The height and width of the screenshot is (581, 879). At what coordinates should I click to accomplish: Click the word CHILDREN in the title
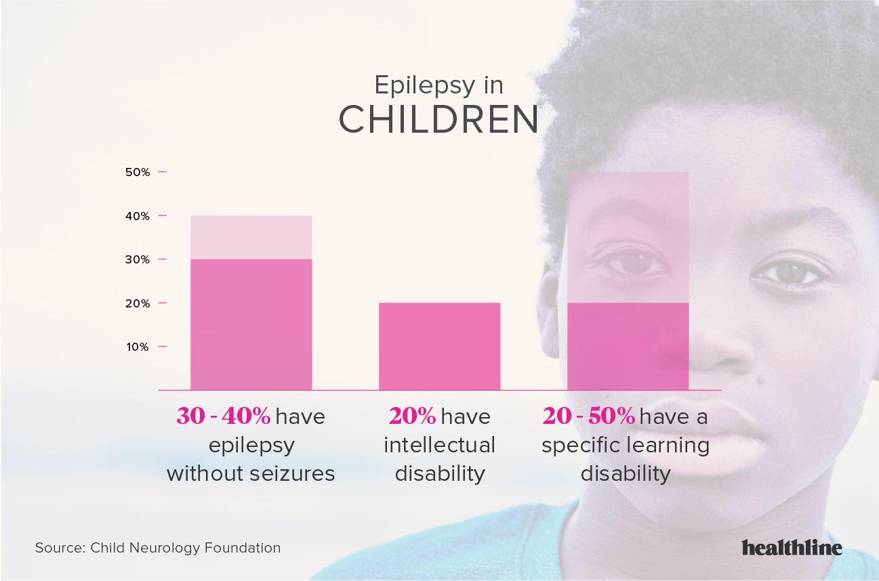[438, 120]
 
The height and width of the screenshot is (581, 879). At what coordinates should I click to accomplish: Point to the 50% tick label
[138, 172]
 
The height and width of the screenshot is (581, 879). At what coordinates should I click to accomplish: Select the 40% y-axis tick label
[138, 216]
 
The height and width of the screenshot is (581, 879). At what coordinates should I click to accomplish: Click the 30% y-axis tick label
[138, 259]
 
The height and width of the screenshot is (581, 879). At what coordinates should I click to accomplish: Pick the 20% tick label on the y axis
[138, 303]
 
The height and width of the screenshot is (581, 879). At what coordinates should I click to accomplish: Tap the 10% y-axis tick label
[138, 347]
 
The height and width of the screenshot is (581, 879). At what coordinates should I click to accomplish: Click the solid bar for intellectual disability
[439, 346]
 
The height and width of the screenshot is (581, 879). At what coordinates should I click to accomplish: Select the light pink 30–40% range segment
[251, 237]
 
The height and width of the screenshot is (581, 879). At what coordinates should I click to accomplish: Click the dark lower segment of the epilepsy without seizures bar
[251, 324]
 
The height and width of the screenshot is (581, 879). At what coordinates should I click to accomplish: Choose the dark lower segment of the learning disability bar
[628, 346]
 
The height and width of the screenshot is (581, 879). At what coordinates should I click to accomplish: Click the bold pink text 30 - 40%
[223, 416]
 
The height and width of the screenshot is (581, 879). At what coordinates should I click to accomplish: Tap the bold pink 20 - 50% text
[589, 416]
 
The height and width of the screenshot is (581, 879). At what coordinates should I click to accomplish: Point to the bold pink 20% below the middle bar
[413, 416]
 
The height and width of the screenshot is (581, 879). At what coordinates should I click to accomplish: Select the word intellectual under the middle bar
[439, 445]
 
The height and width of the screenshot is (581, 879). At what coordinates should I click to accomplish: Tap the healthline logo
[792, 547]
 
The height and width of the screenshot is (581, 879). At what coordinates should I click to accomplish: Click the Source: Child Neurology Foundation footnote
[158, 548]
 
